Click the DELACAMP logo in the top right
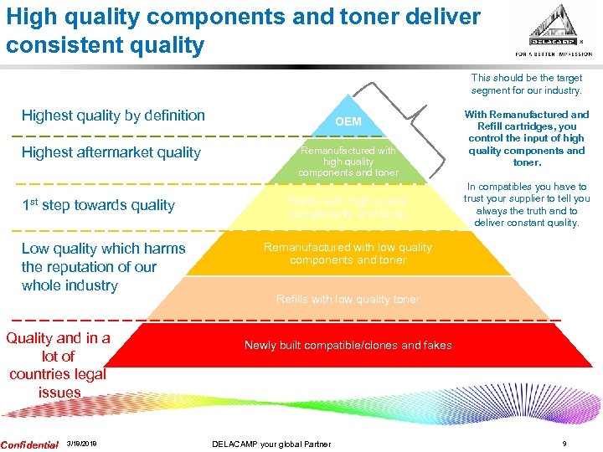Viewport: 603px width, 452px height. coord(559,30)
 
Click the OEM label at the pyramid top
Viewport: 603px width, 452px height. coord(348,122)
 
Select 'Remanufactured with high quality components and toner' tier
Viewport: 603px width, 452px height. coord(348,161)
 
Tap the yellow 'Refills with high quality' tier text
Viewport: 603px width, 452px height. coord(348,208)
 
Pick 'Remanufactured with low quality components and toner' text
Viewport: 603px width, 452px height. coord(348,254)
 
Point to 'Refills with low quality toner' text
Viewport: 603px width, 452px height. coord(348,300)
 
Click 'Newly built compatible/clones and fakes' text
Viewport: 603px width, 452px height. coord(348,345)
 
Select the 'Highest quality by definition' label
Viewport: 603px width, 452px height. coord(113,116)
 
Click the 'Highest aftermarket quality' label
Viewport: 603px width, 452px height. coord(111,152)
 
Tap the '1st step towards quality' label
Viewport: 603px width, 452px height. coord(98,205)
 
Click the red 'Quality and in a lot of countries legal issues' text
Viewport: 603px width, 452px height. coord(58,365)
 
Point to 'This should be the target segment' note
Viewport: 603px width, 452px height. coord(526,84)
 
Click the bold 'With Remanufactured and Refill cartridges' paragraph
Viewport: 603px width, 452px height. coord(527,138)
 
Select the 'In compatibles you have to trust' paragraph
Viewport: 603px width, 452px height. coord(527,205)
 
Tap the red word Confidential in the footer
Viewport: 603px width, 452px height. coord(29,444)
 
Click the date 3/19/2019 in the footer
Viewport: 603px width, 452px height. coord(81,444)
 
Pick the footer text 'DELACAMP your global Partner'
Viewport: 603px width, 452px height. coord(271,444)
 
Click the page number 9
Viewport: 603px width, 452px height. coord(564,444)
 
